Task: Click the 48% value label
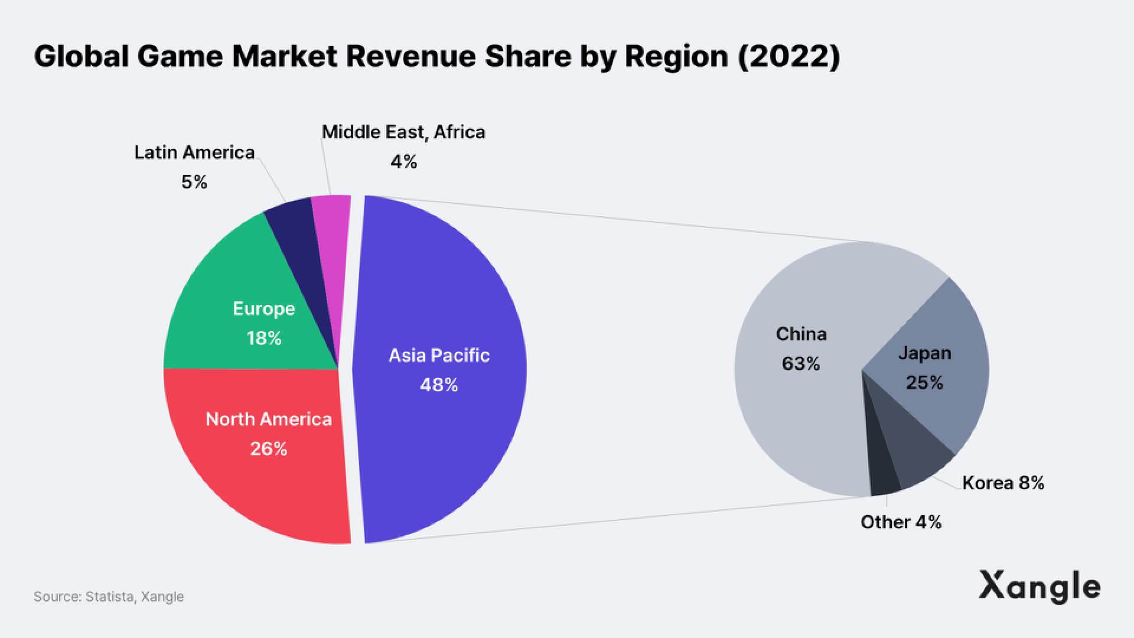[x=439, y=385]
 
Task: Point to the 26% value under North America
[x=269, y=449]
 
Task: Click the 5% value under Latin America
[x=194, y=182]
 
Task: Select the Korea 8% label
[x=1003, y=483]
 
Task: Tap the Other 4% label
[x=901, y=522]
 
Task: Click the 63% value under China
[x=801, y=363]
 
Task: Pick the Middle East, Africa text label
[x=403, y=132]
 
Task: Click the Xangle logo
[x=1039, y=586]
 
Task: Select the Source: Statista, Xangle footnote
[x=109, y=597]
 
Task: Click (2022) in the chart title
[x=789, y=57]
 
